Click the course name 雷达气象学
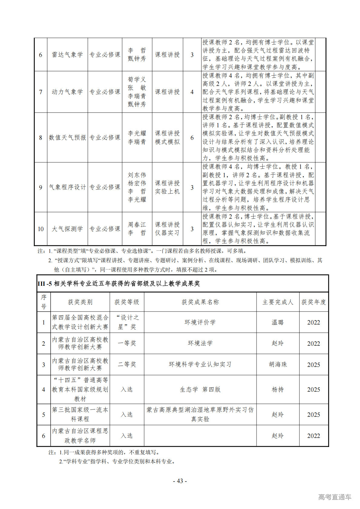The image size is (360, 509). pyautogui.click(x=67, y=55)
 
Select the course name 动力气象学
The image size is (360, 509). pyautogui.click(x=67, y=92)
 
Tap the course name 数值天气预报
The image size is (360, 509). pyautogui.click(x=67, y=138)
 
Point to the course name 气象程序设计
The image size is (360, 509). pyautogui.click(x=67, y=187)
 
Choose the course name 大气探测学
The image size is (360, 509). pyautogui.click(x=67, y=229)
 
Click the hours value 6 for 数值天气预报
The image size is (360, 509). pyautogui.click(x=192, y=138)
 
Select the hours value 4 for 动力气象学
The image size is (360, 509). pyautogui.click(x=192, y=92)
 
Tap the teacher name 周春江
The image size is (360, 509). pyautogui.click(x=137, y=225)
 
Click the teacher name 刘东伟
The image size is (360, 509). pyautogui.click(x=137, y=175)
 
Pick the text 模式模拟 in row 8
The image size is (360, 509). pyautogui.click(x=167, y=142)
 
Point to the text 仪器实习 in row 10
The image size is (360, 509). pyautogui.click(x=167, y=233)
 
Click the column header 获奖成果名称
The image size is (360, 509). pyautogui.click(x=200, y=302)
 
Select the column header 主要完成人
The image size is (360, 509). pyautogui.click(x=278, y=302)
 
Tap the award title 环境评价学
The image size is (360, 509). pyautogui.click(x=200, y=322)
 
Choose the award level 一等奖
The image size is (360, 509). pyautogui.click(x=127, y=343)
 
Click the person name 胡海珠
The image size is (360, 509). pyautogui.click(x=278, y=364)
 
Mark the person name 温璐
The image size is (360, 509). pyautogui.click(x=278, y=322)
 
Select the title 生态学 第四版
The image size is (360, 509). pyautogui.click(x=200, y=390)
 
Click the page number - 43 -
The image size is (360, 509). pyautogui.click(x=180, y=481)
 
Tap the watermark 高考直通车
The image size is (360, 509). pyautogui.click(x=335, y=497)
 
